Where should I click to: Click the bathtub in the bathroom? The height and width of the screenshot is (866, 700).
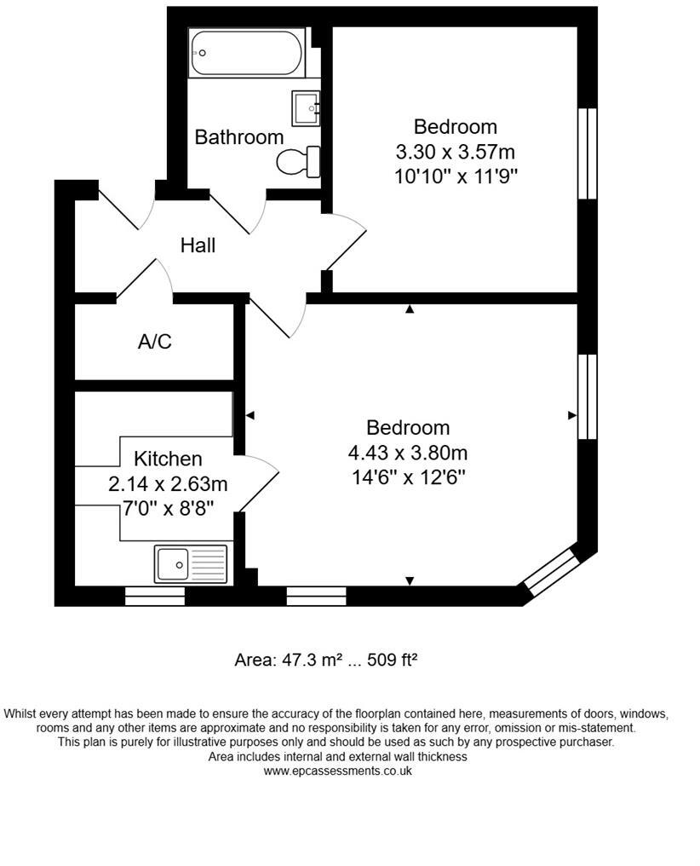(246, 53)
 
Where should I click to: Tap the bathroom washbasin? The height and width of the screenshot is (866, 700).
(306, 108)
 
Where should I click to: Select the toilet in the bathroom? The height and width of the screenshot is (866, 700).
(299, 160)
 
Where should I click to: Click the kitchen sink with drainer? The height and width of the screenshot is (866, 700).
(191, 563)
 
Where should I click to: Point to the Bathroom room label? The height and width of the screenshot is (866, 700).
(239, 137)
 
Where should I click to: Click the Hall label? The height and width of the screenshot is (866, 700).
(198, 245)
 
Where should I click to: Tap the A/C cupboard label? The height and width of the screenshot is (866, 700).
(155, 342)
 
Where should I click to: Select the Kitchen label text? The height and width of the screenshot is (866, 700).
(168, 459)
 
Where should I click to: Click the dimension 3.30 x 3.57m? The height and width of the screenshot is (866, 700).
(456, 153)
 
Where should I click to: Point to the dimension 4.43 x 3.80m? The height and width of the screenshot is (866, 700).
(408, 453)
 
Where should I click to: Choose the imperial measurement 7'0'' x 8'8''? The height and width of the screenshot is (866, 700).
(168, 510)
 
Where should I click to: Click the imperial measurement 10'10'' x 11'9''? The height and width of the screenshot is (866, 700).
(456, 177)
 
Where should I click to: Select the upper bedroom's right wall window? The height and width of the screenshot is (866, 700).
(587, 153)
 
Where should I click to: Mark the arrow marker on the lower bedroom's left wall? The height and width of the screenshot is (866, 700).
(250, 415)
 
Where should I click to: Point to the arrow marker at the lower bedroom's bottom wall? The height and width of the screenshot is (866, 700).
(410, 580)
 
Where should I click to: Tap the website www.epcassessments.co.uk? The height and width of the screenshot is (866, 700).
(338, 771)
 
